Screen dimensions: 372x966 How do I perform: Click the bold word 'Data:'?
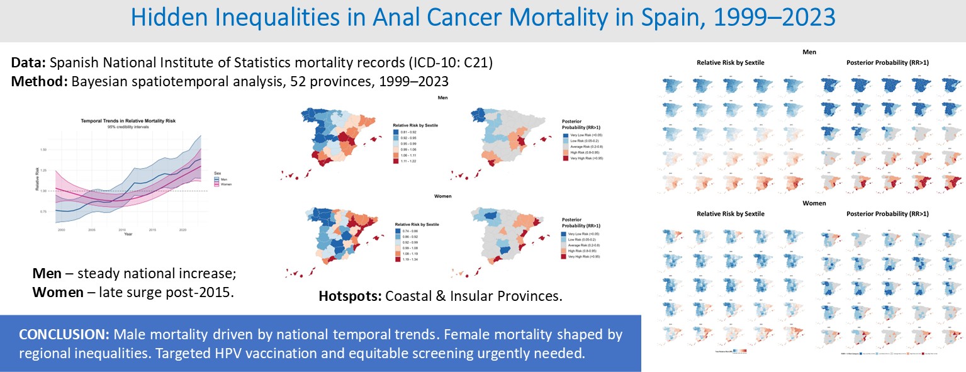(29, 64)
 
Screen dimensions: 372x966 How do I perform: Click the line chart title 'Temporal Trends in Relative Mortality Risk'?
(123, 120)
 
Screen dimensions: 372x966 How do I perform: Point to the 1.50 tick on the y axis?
(43, 149)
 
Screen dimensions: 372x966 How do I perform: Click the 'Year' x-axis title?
(128, 234)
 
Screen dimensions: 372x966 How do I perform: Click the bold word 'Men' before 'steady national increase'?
(45, 275)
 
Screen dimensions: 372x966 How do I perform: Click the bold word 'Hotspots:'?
(350, 296)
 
